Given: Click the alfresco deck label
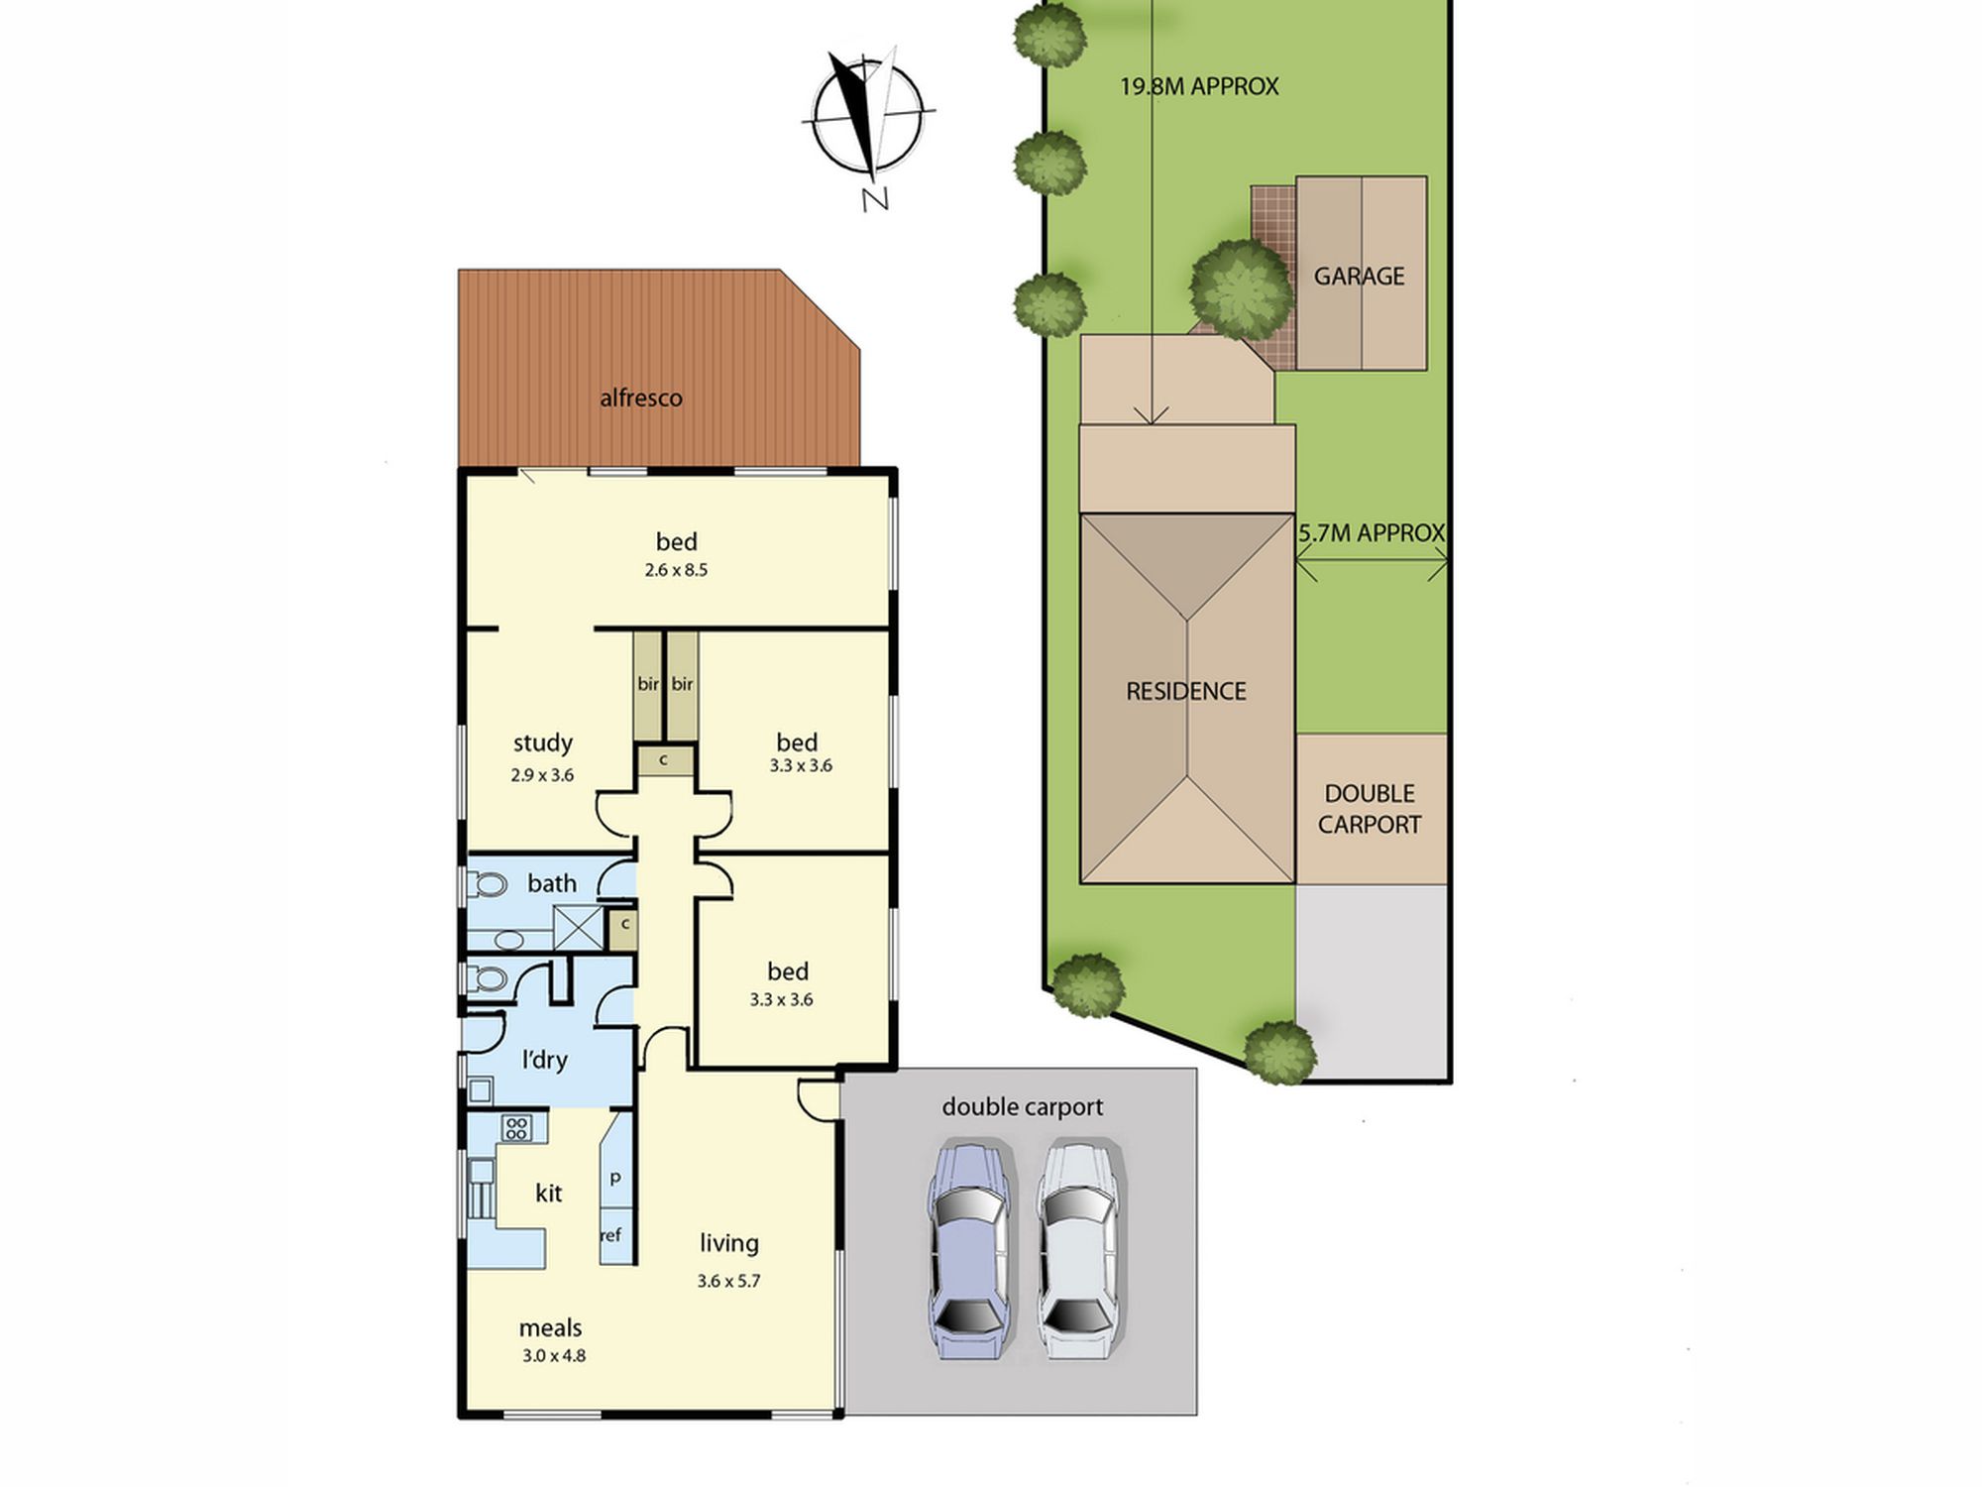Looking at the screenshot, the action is pos(640,398).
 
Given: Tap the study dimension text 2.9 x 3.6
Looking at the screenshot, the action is pos(542,775).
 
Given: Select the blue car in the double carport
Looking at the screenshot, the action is pos(969,1251).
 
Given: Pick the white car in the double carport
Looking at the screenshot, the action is pos(1079,1251).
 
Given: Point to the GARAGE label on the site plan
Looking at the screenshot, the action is pos(1359,277).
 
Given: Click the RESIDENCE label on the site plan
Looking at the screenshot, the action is pos(1185,691).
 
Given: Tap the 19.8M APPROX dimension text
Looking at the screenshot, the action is pos(1199,86).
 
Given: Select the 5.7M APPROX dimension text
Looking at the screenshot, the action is pos(1372,533).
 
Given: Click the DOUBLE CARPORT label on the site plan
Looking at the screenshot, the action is pos(1370,809).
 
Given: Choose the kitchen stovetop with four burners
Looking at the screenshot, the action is pos(516,1127).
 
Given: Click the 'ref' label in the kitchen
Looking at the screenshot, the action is pos(610,1235).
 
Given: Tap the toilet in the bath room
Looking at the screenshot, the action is pos(486,883).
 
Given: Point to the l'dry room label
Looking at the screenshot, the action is pos(544,1060).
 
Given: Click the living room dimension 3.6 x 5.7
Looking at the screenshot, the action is pos(728,1281).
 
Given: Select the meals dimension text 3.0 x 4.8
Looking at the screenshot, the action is pos(554,1355).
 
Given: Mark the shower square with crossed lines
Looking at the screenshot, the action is pos(578,928).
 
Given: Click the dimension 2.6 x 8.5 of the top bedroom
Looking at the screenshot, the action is pos(676,570).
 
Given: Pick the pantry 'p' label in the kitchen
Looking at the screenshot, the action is pos(615,1178).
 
